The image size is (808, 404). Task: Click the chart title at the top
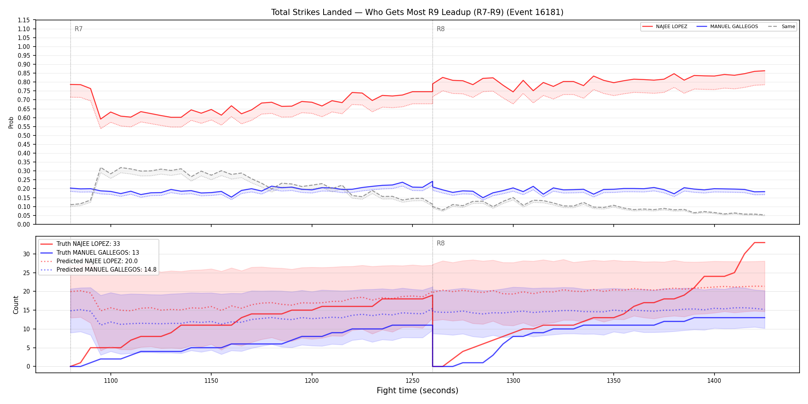click(x=417, y=12)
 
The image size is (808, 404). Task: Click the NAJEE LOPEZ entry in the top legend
click(x=671, y=27)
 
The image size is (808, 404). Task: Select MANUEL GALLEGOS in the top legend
click(x=734, y=27)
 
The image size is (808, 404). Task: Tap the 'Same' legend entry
click(x=788, y=27)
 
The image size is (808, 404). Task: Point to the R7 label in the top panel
click(x=78, y=29)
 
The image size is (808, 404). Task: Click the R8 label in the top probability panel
click(x=441, y=29)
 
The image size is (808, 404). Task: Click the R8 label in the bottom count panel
click(x=441, y=243)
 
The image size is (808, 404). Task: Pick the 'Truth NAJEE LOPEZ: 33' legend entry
click(x=88, y=244)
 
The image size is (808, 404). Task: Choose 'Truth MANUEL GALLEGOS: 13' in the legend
click(x=98, y=253)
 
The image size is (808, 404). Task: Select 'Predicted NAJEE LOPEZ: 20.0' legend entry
click(x=97, y=261)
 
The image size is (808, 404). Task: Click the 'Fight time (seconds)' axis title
click(x=417, y=391)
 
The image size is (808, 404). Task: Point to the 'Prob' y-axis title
click(x=11, y=122)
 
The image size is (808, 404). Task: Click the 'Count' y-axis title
click(x=16, y=305)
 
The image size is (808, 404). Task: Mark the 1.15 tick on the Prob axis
click(x=23, y=20)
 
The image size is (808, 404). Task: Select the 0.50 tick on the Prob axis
click(x=23, y=135)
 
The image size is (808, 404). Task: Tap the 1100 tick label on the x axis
click(x=111, y=381)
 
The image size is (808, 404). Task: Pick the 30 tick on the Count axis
click(x=26, y=254)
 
